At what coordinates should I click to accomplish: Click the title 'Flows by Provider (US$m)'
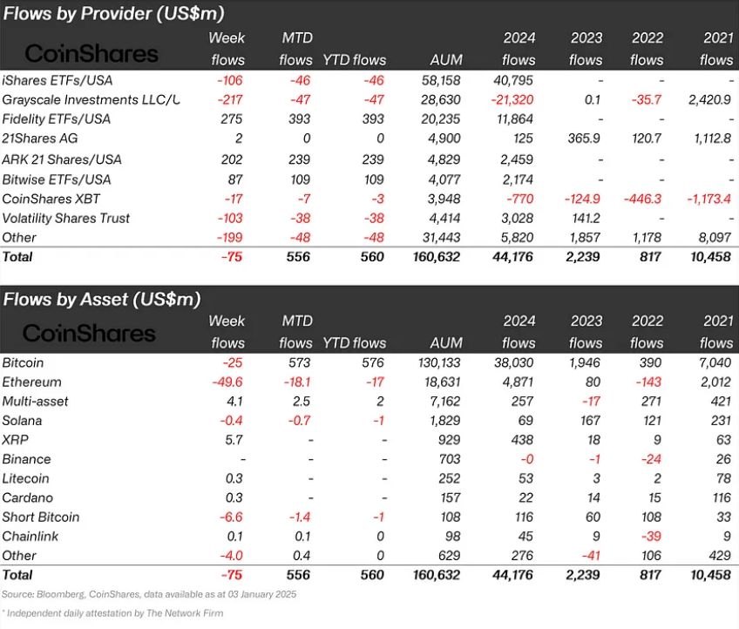point(113,14)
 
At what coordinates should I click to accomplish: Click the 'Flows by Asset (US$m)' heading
point(102,299)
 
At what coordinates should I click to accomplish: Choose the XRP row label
point(16,440)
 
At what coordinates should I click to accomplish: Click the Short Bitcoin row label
point(41,517)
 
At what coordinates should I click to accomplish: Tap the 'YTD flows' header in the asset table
point(354,343)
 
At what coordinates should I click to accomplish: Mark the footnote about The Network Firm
point(113,613)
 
